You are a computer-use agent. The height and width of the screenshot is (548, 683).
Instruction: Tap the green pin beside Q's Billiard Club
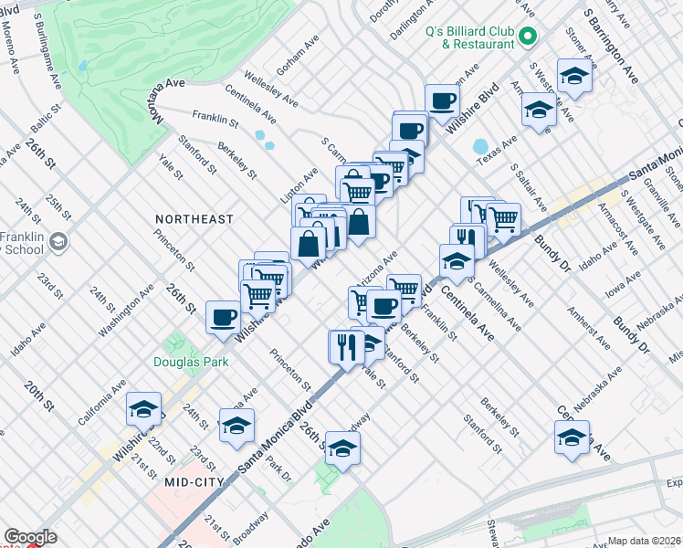click(x=527, y=37)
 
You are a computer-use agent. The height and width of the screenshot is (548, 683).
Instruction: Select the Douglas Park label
click(x=188, y=363)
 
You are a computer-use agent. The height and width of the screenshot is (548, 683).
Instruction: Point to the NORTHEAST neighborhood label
click(x=194, y=219)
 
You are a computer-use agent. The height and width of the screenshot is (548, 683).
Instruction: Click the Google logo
click(x=30, y=538)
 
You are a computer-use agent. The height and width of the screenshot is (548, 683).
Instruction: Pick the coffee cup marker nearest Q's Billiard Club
click(x=443, y=101)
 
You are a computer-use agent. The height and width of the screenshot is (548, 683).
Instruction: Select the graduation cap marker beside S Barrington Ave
click(x=574, y=76)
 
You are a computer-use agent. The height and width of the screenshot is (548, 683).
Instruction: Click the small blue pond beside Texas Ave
click(x=480, y=147)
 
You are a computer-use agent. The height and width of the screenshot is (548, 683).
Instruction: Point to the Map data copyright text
click(x=645, y=541)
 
